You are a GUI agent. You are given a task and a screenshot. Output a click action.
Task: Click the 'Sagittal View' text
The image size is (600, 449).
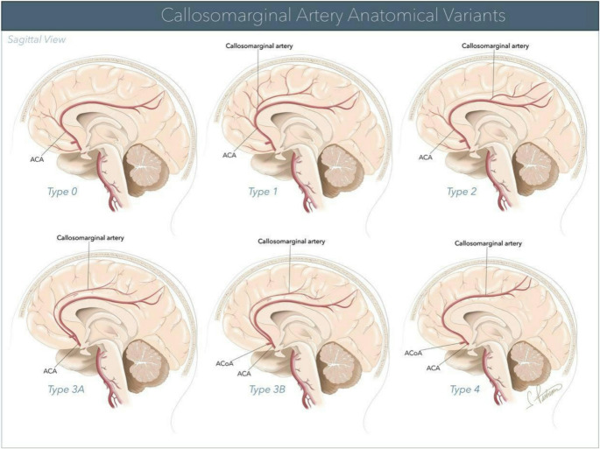click(37, 40)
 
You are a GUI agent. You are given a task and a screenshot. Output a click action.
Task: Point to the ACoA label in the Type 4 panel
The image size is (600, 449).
click(414, 352)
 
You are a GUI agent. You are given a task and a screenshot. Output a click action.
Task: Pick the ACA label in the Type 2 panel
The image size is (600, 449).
click(426, 157)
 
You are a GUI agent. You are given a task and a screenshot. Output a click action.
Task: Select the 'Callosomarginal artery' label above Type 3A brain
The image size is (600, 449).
click(88, 237)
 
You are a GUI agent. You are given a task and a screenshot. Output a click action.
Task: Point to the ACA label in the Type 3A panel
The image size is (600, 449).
click(52, 371)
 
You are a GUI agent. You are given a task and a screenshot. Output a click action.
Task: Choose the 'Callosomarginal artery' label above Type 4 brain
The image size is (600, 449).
click(489, 242)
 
